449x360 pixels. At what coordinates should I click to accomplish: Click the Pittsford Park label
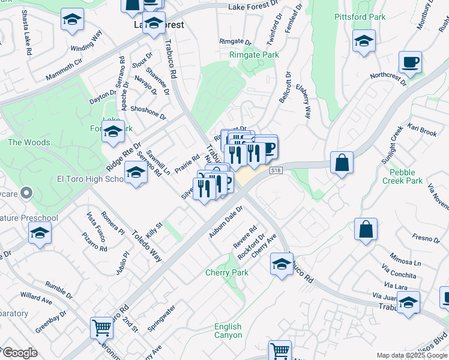(x=360, y=17)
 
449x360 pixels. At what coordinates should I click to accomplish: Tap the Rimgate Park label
(x=254, y=55)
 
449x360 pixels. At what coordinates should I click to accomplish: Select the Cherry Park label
(x=227, y=272)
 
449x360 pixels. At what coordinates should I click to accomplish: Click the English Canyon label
(x=228, y=331)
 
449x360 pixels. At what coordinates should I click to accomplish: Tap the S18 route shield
(x=276, y=171)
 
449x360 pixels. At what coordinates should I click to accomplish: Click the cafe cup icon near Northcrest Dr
(x=410, y=62)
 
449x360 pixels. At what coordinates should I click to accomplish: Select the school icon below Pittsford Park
(x=364, y=42)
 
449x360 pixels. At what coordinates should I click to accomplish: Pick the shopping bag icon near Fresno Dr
(x=366, y=229)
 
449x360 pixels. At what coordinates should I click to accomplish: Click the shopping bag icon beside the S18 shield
(x=342, y=162)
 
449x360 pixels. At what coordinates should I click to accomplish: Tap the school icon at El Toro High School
(x=136, y=174)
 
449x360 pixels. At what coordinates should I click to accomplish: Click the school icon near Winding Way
(x=72, y=20)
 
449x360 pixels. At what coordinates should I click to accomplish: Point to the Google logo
(x=19, y=353)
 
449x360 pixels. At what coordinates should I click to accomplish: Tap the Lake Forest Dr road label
(x=255, y=7)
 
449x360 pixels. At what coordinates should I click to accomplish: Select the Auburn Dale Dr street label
(x=225, y=222)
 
